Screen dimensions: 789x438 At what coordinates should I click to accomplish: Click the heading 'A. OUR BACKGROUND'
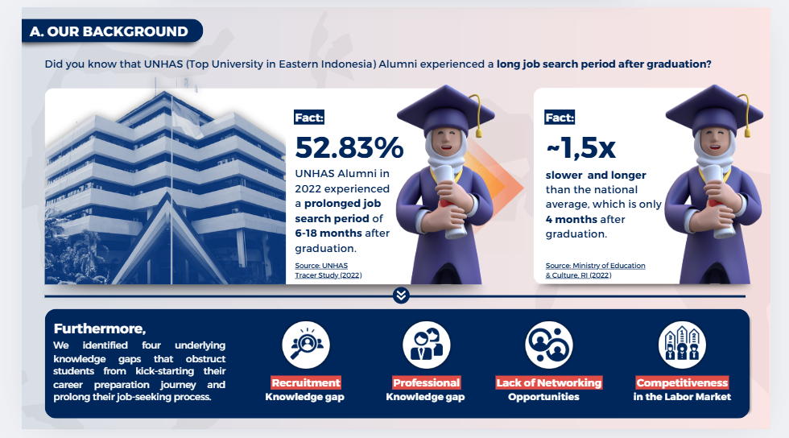[109, 31]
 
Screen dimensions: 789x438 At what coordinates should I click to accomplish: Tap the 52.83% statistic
[349, 147]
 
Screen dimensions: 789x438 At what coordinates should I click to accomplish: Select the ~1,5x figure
[580, 147]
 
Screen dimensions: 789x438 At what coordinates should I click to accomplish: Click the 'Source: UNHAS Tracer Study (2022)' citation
[328, 271]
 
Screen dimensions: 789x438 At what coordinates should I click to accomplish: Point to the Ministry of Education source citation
[595, 271]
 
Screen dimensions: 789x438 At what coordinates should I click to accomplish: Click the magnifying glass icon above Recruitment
[306, 345]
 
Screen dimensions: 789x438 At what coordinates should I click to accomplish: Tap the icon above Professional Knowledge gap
[426, 345]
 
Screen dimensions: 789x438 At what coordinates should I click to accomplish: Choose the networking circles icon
[549, 345]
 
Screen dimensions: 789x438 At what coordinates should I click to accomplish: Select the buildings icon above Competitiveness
[682, 345]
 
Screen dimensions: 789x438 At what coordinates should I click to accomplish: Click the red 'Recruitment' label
[306, 382]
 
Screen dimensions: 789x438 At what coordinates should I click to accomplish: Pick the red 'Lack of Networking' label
[549, 382]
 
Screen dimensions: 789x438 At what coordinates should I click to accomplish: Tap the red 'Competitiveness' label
[682, 382]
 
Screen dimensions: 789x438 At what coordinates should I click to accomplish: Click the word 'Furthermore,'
[100, 328]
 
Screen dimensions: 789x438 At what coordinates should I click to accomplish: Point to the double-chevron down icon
[401, 295]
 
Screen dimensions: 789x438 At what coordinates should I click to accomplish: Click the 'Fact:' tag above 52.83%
[309, 118]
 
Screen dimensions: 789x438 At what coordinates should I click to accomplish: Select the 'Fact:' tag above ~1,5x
[560, 118]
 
